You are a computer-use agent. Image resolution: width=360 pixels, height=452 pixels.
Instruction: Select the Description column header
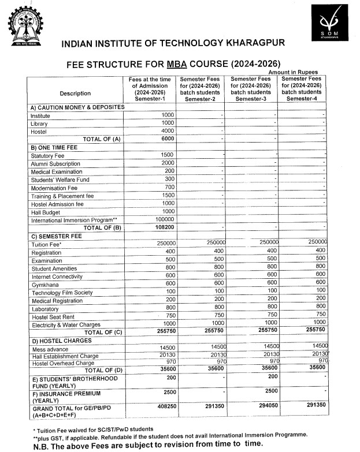[x=75, y=93]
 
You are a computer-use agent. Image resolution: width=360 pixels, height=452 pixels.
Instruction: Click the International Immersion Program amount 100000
[x=165, y=220]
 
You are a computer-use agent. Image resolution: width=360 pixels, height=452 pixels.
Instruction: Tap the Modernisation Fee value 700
[x=169, y=188]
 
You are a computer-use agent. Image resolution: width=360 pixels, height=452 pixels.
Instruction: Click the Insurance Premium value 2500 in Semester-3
[x=268, y=391]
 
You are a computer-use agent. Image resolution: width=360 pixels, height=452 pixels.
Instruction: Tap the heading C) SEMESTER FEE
[x=57, y=236]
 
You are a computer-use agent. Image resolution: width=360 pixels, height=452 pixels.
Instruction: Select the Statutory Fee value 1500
[x=167, y=155]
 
